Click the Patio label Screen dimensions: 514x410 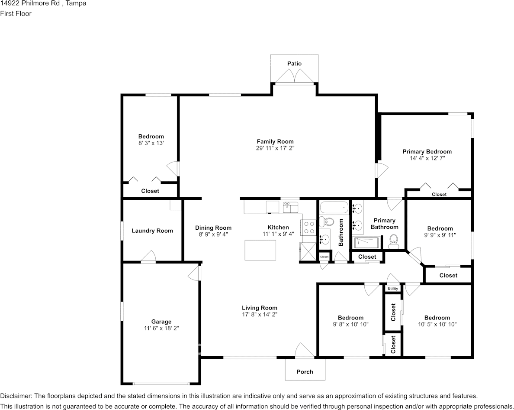(x=294, y=63)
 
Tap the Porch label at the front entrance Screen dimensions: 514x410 (x=305, y=371)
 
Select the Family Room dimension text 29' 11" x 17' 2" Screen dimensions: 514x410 (x=275, y=148)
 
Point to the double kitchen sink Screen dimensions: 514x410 (x=291, y=208)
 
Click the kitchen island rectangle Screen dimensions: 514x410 (x=260, y=250)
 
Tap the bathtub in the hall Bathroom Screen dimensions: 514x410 (x=334, y=208)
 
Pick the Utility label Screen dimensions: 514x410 (x=393, y=289)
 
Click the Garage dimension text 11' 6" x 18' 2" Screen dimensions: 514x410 (x=161, y=328)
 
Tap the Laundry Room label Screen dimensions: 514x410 (x=152, y=231)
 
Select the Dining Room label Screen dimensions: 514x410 (x=213, y=228)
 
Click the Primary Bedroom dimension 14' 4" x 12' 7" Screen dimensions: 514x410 (x=427, y=158)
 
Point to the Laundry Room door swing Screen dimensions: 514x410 (x=148, y=257)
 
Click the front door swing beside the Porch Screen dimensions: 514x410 (x=305, y=350)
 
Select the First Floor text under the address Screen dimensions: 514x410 (x=16, y=13)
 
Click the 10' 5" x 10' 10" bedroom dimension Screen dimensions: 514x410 (x=437, y=324)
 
